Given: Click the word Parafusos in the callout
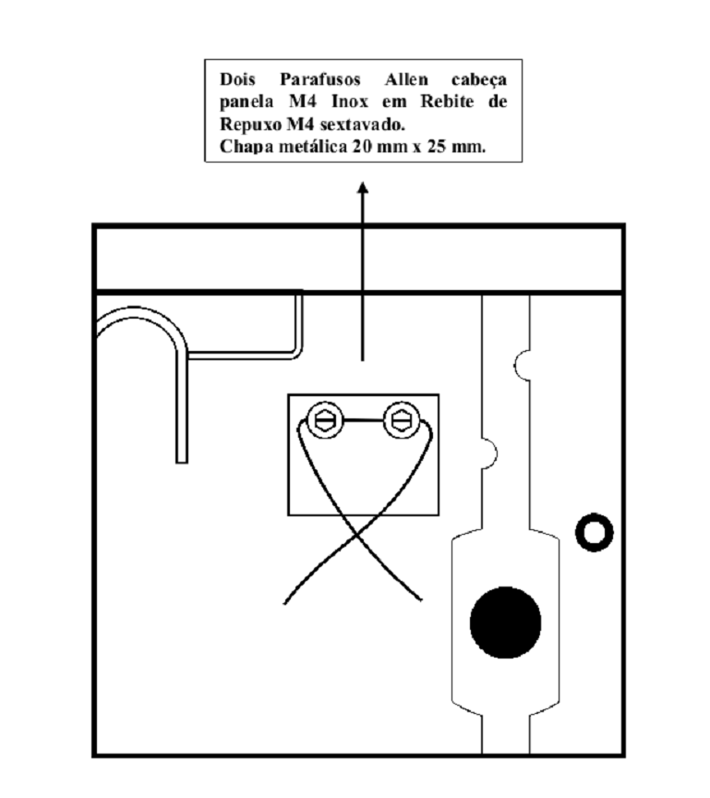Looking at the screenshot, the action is coord(319,80).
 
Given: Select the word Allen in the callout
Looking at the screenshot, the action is coord(406,80).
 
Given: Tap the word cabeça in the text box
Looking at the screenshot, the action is coord(479,81).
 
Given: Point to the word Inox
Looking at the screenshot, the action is coord(349,102).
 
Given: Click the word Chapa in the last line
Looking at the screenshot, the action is coord(243,148).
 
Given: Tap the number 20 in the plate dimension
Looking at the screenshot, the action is coord(361,147).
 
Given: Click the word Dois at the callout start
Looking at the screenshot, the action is coord(237,80).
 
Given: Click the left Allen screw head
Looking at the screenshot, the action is coord(325,420).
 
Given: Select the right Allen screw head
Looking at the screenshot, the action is coord(402,420).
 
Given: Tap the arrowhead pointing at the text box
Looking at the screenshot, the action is coord(363,187).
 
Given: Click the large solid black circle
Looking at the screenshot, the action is coord(506,623).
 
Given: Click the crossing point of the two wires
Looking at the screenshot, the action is coord(357,536).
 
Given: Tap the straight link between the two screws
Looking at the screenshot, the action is coord(363,420).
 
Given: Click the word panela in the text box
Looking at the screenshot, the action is coord(247,103).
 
